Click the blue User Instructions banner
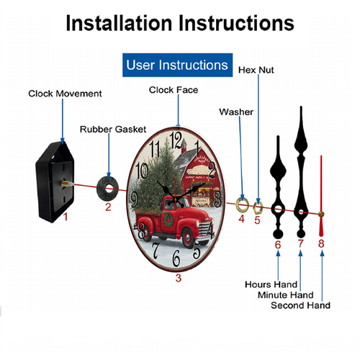click(x=177, y=65)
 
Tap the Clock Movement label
click(x=65, y=94)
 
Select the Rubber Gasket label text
click(x=113, y=129)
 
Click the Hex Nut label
click(x=256, y=70)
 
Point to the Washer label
click(x=236, y=112)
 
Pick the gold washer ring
click(x=242, y=205)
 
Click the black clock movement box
click(x=55, y=182)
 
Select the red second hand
click(x=321, y=196)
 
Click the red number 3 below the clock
click(x=179, y=278)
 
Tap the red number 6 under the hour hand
click(x=278, y=245)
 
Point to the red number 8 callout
click(x=321, y=243)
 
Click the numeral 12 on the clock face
click(x=176, y=140)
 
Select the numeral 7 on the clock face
click(x=156, y=251)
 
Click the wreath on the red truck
click(x=168, y=220)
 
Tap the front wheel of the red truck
click(x=188, y=238)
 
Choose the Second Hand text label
click(x=300, y=305)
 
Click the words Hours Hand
click(x=271, y=284)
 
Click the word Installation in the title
click(x=119, y=23)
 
